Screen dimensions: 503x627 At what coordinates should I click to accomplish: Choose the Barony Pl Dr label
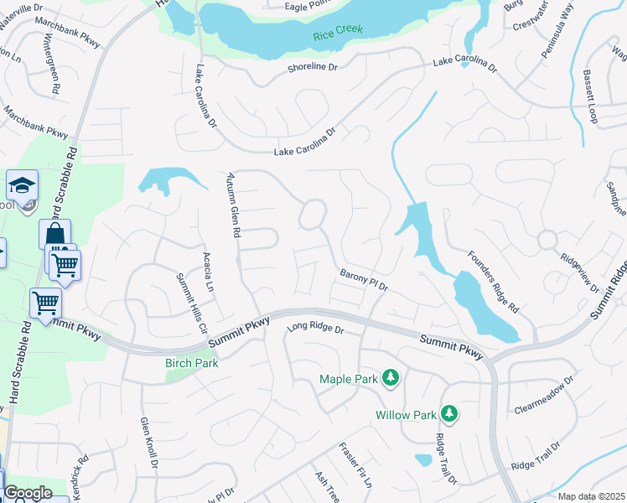364,280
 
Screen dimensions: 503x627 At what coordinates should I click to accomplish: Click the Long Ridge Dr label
316,329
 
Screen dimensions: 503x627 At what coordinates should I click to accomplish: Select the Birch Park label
191,363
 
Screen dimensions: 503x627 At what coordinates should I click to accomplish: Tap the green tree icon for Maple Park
390,379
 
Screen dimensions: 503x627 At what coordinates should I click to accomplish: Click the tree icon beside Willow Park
449,414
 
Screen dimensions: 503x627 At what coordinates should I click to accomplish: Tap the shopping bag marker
54,235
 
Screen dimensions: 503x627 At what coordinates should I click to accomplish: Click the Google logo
28,493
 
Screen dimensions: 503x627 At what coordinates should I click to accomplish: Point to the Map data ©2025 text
590,496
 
